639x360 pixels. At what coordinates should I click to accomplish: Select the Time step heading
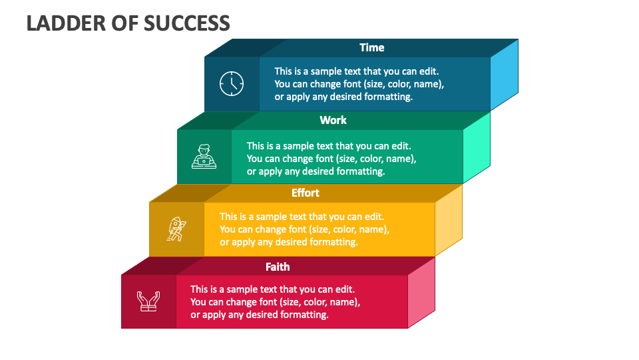372,47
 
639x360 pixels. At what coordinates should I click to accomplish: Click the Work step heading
333,120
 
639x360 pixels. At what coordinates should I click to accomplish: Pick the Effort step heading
306,193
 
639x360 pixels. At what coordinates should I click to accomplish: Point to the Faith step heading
278,267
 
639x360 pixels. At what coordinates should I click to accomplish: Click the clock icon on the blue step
232,84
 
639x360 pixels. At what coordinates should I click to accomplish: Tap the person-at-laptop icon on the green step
204,157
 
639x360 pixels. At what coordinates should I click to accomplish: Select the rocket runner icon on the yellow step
176,229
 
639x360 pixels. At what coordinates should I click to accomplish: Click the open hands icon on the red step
148,301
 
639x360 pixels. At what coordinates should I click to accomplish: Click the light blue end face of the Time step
504,75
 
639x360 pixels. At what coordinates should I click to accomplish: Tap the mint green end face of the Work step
477,147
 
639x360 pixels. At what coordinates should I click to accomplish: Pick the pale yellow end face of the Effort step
449,220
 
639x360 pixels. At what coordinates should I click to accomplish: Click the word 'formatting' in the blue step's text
389,97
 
